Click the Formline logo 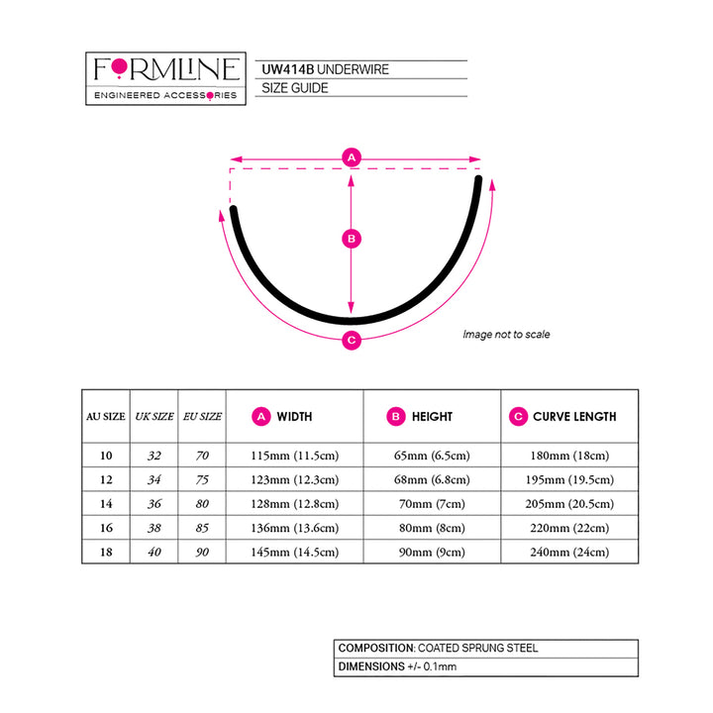pyautogui.click(x=165, y=75)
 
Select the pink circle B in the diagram pyautogui.click(x=350, y=238)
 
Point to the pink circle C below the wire pyautogui.click(x=350, y=341)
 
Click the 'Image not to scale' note pyautogui.click(x=506, y=335)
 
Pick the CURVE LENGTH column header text pyautogui.click(x=574, y=417)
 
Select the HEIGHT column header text pyautogui.click(x=432, y=417)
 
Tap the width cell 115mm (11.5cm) pyautogui.click(x=295, y=456)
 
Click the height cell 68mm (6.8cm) pyautogui.click(x=432, y=480)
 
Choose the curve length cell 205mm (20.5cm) pyautogui.click(x=568, y=504)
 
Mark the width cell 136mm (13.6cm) pyautogui.click(x=295, y=528)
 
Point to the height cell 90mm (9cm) pyautogui.click(x=432, y=553)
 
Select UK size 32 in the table pyautogui.click(x=153, y=456)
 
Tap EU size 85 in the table pyautogui.click(x=202, y=528)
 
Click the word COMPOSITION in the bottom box pyautogui.click(x=375, y=649)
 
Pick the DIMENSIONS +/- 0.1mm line pyautogui.click(x=397, y=666)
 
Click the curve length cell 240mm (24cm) pyautogui.click(x=568, y=553)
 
